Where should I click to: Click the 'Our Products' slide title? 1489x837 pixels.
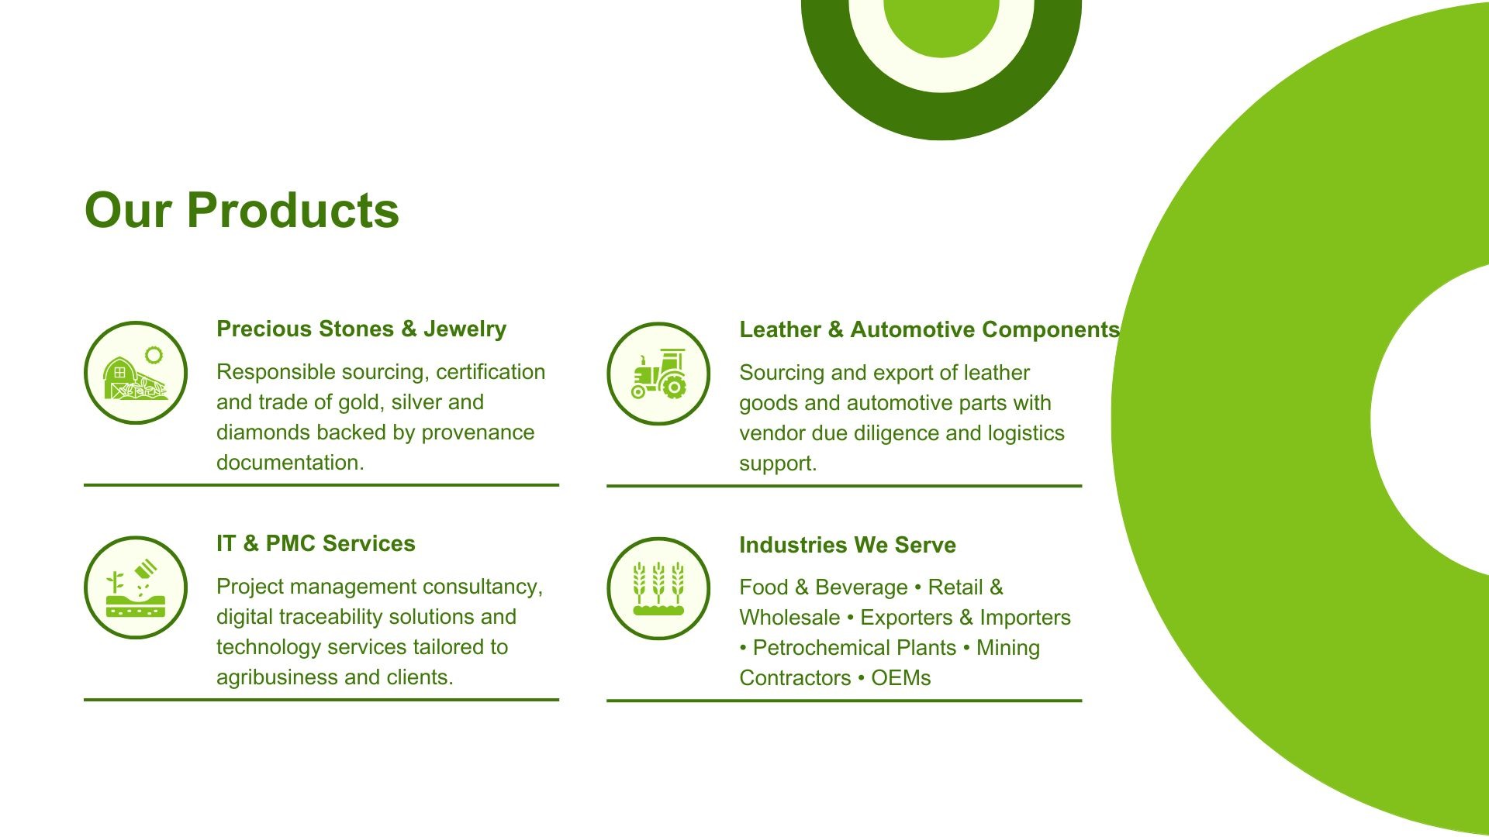pos(241,210)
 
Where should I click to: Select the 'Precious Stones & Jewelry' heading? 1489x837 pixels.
pos(361,329)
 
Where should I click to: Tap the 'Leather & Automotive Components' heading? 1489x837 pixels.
pos(929,329)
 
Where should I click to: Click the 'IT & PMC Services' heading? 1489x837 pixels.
pos(316,543)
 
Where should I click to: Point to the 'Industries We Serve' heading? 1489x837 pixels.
pos(847,545)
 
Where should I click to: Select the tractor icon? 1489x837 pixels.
pos(658,374)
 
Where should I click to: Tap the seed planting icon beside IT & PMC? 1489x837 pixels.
pos(136,588)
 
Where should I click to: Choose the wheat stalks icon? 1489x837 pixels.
pos(658,589)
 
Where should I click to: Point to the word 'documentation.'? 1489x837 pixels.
pos(290,463)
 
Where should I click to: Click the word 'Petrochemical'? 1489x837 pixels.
pos(815,648)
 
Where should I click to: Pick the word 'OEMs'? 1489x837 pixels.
pos(900,678)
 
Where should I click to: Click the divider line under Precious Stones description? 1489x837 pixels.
pos(321,485)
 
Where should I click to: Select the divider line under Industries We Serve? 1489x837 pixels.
pos(844,701)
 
